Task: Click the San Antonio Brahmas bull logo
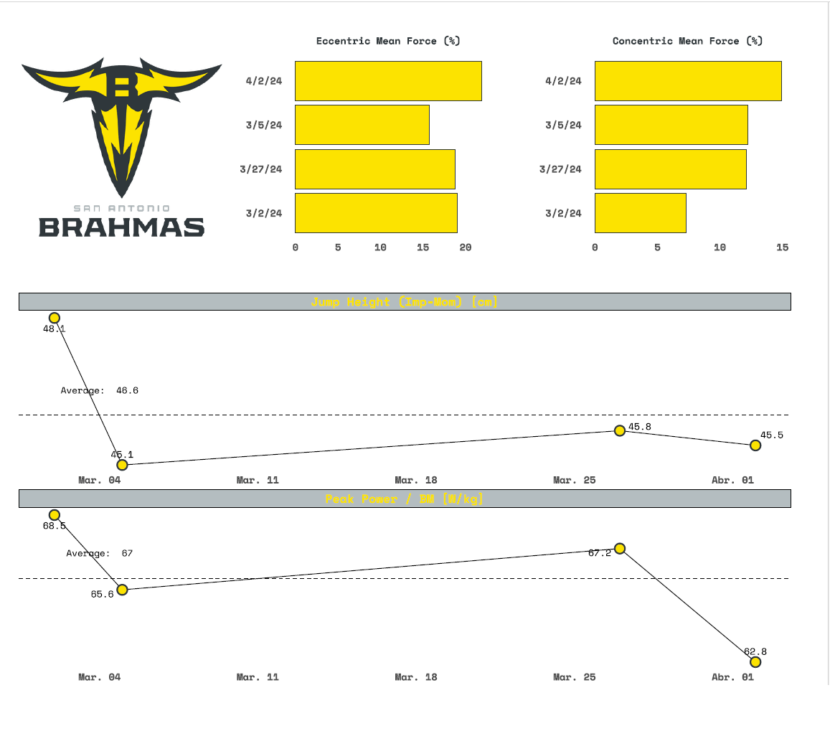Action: point(121,122)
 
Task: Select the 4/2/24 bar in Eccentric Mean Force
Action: point(388,81)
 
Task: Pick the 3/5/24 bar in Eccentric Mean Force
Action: point(362,125)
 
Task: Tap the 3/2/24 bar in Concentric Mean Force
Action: point(640,213)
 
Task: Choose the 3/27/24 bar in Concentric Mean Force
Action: point(670,169)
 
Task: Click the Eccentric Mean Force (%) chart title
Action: point(388,41)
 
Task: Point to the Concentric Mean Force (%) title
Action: point(687,41)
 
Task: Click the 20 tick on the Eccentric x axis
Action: point(466,247)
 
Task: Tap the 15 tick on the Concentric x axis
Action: point(782,247)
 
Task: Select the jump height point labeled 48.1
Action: point(54,318)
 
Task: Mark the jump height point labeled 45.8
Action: point(620,430)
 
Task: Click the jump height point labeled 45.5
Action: point(755,445)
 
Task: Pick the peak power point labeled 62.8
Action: point(755,662)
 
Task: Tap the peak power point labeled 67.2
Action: point(620,549)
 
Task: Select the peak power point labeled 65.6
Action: point(122,590)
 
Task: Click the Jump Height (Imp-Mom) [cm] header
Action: point(404,302)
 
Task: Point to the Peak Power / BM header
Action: point(404,499)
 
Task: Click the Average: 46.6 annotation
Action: point(99,391)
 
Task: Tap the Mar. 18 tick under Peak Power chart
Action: point(415,677)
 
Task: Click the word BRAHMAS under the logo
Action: point(121,227)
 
